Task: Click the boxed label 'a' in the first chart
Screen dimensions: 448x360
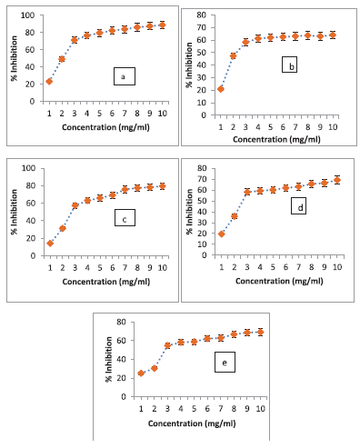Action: point(125,75)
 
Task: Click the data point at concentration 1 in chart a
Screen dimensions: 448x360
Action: point(49,81)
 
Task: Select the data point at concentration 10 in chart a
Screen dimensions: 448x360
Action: point(163,25)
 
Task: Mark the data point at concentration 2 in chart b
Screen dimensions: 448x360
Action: point(233,55)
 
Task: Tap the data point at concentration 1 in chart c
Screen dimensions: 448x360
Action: point(49,243)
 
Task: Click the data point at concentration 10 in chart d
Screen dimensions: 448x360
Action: point(337,180)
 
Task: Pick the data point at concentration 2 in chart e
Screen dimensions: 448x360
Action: point(155,368)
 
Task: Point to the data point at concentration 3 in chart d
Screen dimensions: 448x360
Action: point(247,192)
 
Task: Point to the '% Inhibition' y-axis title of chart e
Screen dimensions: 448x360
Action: point(105,360)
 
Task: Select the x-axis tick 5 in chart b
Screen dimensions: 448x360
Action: point(271,126)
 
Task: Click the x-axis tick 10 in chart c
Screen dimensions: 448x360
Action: point(163,270)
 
